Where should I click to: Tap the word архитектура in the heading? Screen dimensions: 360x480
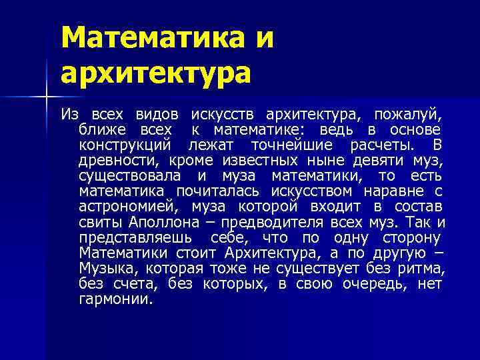coord(156,72)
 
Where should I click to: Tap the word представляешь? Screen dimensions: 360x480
coord(135,237)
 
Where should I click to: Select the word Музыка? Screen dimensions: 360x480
coord(105,268)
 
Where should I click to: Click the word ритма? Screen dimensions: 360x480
coord(421,268)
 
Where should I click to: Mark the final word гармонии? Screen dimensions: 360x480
coord(115,299)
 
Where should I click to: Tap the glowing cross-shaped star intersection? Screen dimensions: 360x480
coord(47,99)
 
